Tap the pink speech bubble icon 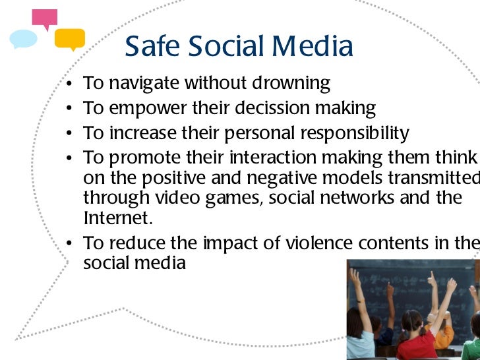coord(45,19)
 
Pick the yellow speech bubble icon coord(69,39)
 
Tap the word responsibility coord(355,133)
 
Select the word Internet coord(114,218)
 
